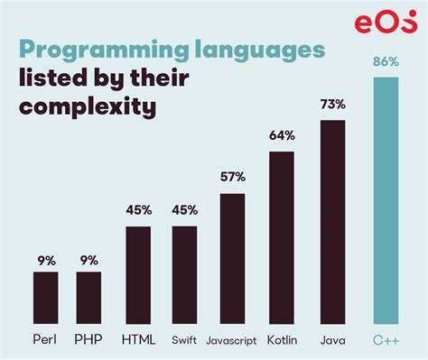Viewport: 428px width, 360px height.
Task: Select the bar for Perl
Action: pyautogui.click(x=45, y=297)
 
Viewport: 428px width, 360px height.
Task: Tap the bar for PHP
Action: pyautogui.click(x=88, y=297)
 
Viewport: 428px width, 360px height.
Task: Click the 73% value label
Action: pyautogui.click(x=332, y=106)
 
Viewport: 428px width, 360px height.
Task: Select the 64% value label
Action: pyautogui.click(x=282, y=137)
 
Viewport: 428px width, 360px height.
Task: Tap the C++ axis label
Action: pyautogui.click(x=385, y=340)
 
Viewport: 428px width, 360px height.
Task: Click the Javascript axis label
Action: pyautogui.click(x=232, y=340)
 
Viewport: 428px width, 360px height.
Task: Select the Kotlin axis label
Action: pyautogui.click(x=282, y=340)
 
